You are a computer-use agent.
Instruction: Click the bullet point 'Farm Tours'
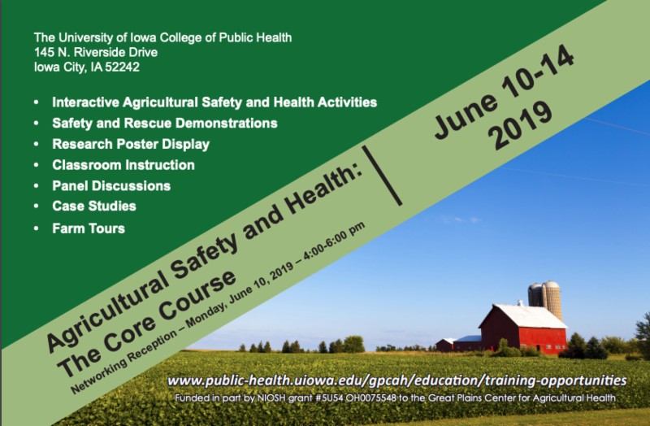tap(89, 228)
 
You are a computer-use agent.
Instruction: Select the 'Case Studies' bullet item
tap(94, 206)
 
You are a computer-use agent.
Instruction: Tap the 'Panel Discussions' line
tap(111, 185)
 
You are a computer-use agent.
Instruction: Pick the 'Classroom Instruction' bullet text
tap(123, 165)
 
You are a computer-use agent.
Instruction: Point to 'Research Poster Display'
tap(131, 144)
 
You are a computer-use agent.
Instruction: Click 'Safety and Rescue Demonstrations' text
tap(165, 124)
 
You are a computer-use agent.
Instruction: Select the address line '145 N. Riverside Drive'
tap(96, 52)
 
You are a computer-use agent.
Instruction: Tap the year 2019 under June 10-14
tap(520, 125)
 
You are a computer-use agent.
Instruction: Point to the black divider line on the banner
tap(382, 176)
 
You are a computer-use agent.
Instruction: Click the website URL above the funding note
tap(397, 380)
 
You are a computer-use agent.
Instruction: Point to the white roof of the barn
tap(531, 316)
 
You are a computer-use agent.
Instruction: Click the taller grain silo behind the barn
tap(552, 299)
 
